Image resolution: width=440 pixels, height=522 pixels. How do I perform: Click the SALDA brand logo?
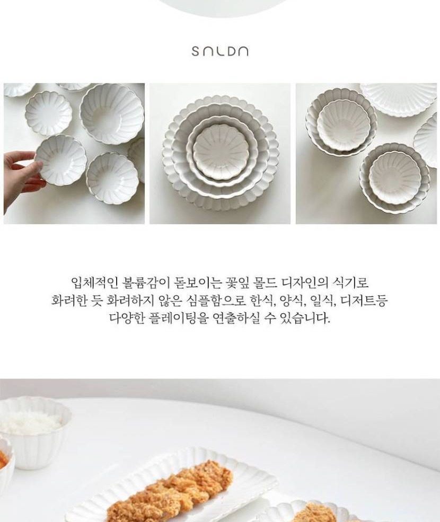point(220,51)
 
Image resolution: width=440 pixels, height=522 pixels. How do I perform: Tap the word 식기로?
point(351,282)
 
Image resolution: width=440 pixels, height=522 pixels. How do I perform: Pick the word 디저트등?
point(365,300)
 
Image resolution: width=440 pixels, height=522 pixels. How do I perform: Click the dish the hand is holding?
point(60,160)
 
